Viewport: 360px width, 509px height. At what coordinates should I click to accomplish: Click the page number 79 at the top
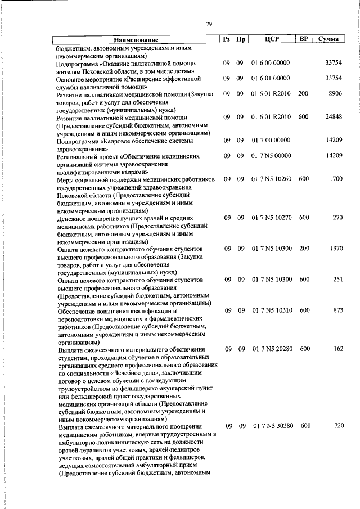tap(209, 24)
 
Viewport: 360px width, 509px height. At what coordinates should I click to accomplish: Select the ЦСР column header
tap(272, 39)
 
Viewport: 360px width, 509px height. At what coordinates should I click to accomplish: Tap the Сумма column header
tap(328, 39)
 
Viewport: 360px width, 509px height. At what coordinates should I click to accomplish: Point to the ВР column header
tap(304, 39)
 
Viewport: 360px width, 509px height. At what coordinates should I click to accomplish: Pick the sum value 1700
tap(335, 179)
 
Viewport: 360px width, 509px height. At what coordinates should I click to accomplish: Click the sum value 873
tap(337, 310)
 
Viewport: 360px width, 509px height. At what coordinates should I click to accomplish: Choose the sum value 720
tap(337, 426)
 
